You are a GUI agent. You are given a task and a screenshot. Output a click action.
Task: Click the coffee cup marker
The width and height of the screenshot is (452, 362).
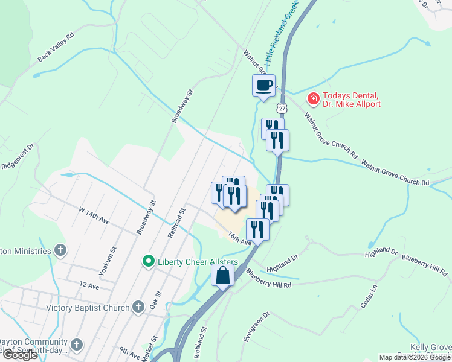(x=263, y=85)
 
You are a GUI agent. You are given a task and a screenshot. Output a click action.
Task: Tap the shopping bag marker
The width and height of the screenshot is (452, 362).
(x=223, y=275)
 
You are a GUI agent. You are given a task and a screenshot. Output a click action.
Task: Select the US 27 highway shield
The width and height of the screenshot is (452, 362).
(x=282, y=108)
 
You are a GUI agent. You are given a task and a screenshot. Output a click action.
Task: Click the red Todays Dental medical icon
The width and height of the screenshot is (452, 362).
(x=314, y=98)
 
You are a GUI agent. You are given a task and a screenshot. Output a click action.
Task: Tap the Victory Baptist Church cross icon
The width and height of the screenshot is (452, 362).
(x=138, y=307)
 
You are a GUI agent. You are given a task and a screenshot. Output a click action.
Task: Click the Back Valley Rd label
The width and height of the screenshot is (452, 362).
(x=55, y=46)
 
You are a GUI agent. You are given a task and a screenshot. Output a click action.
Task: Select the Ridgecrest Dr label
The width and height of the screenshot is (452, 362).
(x=19, y=159)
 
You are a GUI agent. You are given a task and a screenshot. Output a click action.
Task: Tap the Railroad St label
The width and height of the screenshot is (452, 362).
(x=176, y=221)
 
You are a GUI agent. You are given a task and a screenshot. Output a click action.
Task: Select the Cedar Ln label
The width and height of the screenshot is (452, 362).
(x=369, y=297)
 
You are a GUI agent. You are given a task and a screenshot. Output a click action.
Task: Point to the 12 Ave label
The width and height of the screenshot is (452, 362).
(x=88, y=284)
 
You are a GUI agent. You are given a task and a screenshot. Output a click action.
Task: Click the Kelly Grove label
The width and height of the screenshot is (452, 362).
(x=431, y=348)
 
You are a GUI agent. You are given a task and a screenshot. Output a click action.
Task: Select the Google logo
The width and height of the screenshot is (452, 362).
(x=20, y=355)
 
